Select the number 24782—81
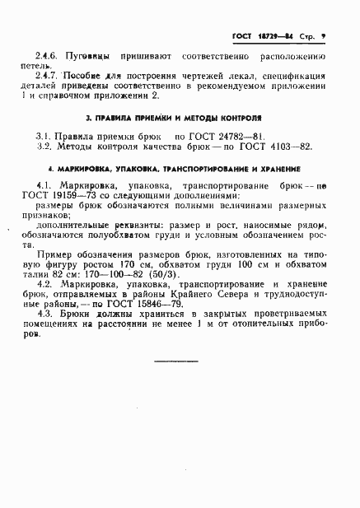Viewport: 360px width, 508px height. (239, 137)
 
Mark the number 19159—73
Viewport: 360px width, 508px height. (70, 197)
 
